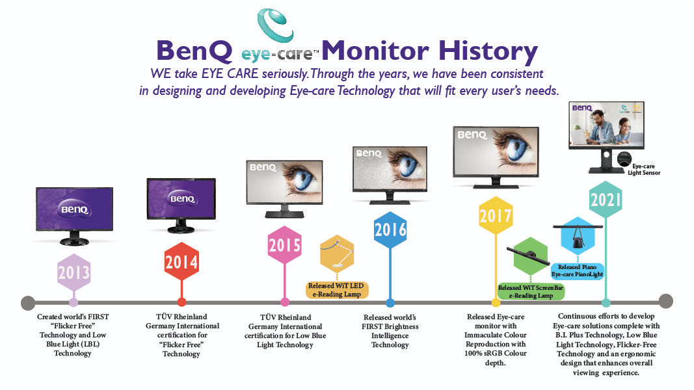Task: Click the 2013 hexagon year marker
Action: tap(73, 272)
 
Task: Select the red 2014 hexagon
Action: tap(181, 262)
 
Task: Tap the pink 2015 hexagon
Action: tap(285, 245)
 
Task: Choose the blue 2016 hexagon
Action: tap(390, 229)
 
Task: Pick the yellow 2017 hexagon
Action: tap(496, 216)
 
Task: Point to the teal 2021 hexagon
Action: tap(606, 200)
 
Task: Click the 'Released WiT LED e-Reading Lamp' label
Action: tap(336, 290)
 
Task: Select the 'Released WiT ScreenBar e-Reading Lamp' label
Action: tap(531, 291)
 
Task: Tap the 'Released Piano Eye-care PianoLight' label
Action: tap(577, 270)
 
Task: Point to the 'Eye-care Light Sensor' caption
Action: tap(644, 170)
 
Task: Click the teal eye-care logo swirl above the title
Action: tap(275, 25)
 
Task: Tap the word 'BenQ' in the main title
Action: tap(194, 51)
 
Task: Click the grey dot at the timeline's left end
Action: tap(28, 303)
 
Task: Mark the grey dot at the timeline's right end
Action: tap(665, 301)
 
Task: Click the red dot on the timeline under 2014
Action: tap(181, 302)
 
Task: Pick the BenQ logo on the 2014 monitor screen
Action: tap(183, 199)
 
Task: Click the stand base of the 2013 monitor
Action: tap(74, 241)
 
